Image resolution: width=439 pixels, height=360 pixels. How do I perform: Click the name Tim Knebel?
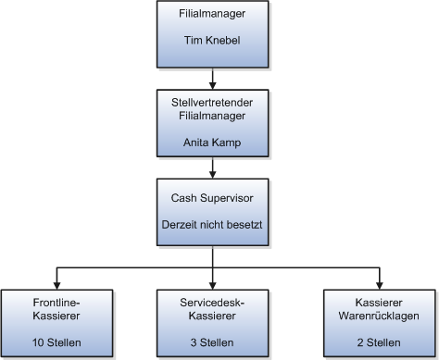(x=213, y=41)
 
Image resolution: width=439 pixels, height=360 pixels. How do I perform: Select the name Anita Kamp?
(x=213, y=143)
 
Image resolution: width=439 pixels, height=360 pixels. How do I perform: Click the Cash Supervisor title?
(x=213, y=198)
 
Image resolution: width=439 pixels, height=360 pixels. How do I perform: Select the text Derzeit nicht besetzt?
(x=213, y=226)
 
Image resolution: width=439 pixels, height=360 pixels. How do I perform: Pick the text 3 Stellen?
(x=213, y=342)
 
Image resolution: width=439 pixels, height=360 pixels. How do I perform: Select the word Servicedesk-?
(x=213, y=302)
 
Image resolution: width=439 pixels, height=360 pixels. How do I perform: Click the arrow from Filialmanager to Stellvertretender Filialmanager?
(x=213, y=74)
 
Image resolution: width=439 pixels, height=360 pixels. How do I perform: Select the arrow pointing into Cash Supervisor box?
(x=213, y=174)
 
